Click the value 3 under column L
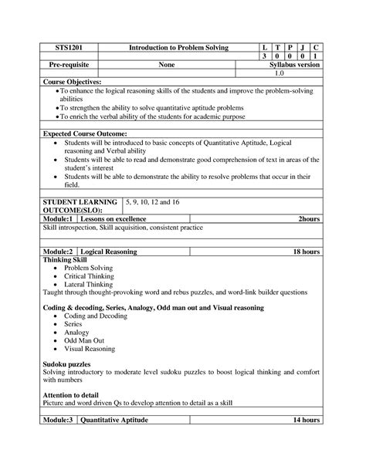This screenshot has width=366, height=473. pos(263,57)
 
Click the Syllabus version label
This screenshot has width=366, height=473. pos(293,66)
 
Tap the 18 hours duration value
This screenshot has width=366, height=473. pos(306,252)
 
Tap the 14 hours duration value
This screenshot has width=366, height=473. pos(306,420)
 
